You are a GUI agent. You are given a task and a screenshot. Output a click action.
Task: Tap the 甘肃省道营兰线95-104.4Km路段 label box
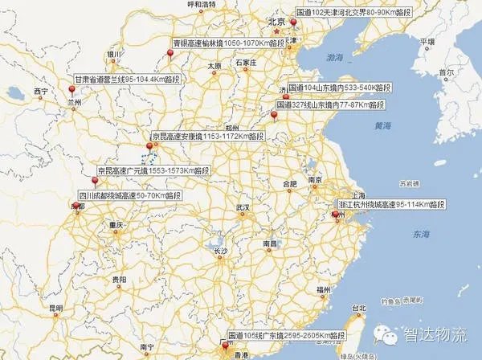[120, 80]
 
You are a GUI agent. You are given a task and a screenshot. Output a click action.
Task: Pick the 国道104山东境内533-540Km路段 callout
[342, 87]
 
